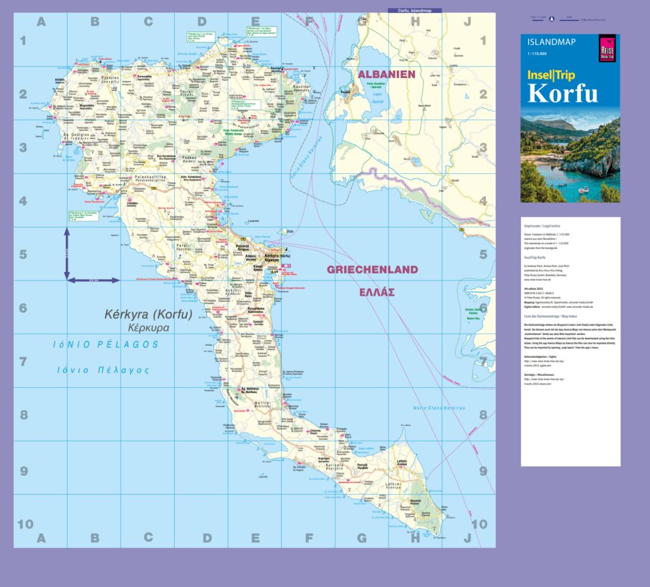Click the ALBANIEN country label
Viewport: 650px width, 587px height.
click(386, 74)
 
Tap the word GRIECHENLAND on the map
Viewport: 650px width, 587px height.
click(372, 270)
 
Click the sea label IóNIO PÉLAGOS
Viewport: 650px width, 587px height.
click(106, 344)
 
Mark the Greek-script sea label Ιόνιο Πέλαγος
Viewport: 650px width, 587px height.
click(103, 370)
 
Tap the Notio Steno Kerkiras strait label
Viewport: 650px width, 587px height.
click(439, 408)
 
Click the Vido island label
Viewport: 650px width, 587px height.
click(290, 231)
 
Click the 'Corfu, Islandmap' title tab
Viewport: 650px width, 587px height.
click(414, 11)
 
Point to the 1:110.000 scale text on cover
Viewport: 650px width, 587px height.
click(537, 54)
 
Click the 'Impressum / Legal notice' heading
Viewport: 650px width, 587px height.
click(543, 225)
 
